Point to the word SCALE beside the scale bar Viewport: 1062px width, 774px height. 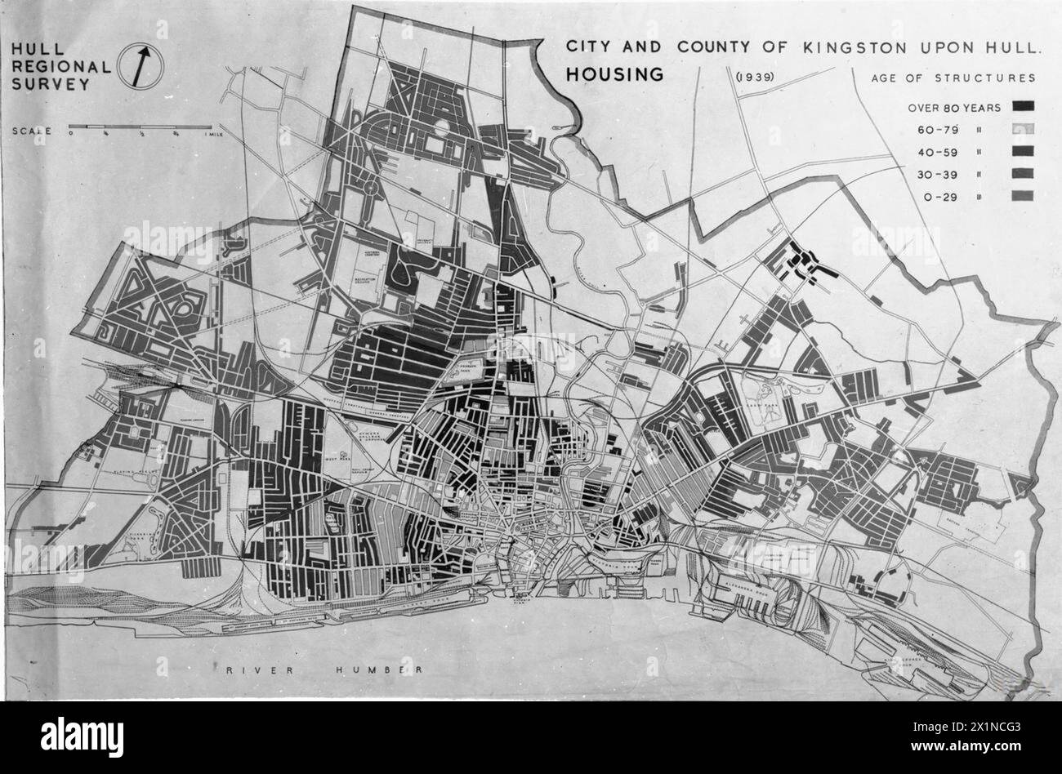[32, 131]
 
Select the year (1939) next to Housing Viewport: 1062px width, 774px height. [754, 78]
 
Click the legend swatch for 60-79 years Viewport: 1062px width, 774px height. [1022, 129]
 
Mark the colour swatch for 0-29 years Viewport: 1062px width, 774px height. [1022, 195]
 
